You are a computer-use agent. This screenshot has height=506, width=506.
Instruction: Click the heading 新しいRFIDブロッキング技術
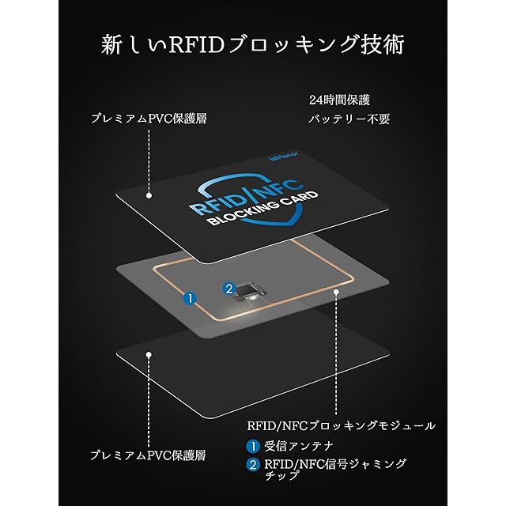coord(253,45)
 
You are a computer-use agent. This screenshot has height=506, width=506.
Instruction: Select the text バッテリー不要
coord(349,120)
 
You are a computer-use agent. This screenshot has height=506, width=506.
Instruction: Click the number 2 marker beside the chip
coord(229,289)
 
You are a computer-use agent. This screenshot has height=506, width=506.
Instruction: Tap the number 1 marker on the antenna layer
coord(189,298)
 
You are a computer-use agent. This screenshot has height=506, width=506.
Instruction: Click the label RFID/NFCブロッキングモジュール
coord(341,425)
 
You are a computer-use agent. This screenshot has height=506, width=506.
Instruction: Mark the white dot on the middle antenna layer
coord(337,293)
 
